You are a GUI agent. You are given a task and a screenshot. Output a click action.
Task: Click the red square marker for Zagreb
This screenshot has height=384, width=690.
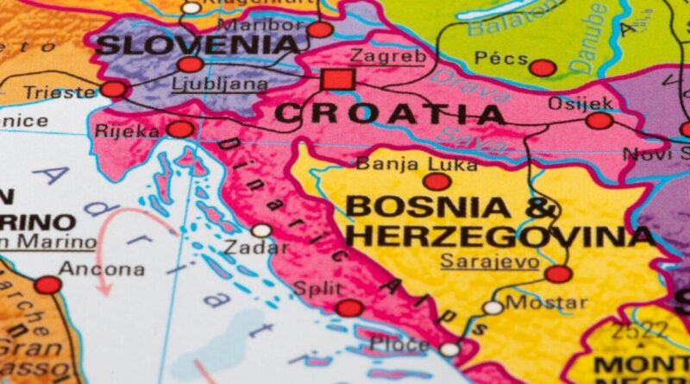[x=337, y=80]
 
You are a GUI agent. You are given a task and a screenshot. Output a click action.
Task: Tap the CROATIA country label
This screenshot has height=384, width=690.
[x=390, y=113]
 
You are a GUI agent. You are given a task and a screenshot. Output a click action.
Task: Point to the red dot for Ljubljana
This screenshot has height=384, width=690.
[x=191, y=64]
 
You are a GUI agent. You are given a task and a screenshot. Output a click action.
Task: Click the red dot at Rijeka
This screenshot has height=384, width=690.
[x=180, y=129]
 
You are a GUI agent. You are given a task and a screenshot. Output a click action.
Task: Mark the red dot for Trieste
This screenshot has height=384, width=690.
[x=113, y=89]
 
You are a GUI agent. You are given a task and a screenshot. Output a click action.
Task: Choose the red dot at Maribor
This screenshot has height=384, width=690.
[x=320, y=29]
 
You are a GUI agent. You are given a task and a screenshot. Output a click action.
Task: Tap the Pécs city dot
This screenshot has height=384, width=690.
[x=543, y=67]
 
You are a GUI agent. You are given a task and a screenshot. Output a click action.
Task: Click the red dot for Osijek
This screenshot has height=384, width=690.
[x=599, y=121]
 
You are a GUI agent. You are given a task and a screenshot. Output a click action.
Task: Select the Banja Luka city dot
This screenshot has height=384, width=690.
[x=436, y=181]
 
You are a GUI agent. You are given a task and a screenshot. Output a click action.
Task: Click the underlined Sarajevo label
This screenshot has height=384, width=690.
[x=490, y=260]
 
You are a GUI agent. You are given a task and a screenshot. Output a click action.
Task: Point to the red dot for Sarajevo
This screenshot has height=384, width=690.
[x=558, y=274]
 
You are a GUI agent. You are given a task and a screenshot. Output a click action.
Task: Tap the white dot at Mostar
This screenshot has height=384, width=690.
[x=492, y=307]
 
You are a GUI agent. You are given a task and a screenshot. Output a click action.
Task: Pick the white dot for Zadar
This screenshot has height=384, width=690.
[x=261, y=230]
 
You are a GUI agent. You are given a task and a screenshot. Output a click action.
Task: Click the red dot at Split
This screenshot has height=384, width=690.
[x=349, y=308]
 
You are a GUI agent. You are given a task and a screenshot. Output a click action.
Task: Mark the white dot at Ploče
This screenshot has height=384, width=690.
[x=449, y=349]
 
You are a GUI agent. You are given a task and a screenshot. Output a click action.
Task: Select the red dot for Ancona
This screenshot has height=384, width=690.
[x=47, y=285]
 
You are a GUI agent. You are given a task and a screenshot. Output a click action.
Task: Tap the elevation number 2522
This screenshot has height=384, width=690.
[x=639, y=330]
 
